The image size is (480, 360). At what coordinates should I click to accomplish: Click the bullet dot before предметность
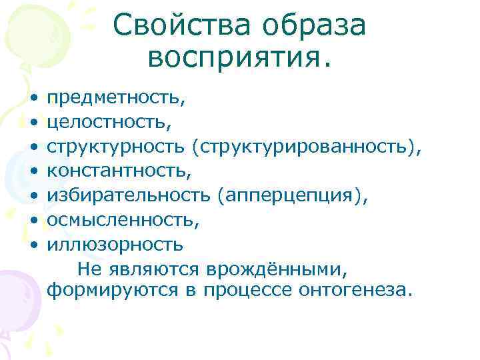pos(33,99)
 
